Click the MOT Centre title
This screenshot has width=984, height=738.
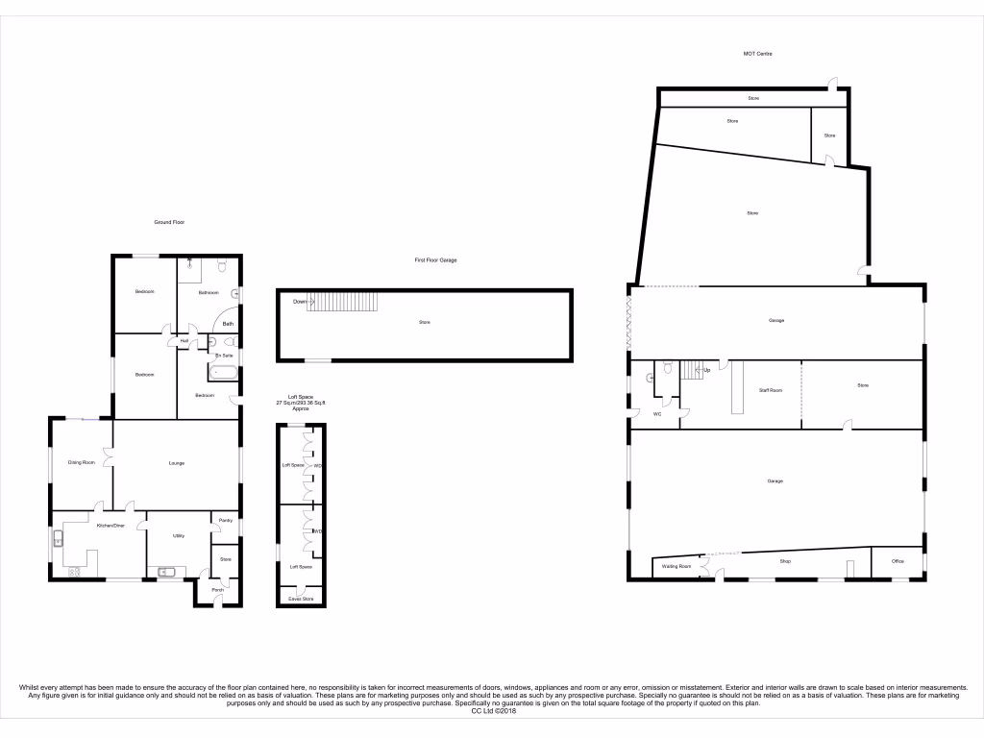click(758, 54)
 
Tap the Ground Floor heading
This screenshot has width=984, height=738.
click(169, 222)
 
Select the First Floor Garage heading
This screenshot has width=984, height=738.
click(435, 260)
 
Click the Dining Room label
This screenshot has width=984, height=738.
click(81, 463)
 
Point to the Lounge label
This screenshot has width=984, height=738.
click(177, 463)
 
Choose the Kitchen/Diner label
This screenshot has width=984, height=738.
click(111, 526)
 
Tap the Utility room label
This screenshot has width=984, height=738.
click(179, 535)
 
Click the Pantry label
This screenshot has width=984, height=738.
click(226, 521)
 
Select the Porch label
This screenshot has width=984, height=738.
click(218, 590)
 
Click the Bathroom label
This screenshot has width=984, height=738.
click(209, 292)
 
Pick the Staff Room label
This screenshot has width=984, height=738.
click(770, 390)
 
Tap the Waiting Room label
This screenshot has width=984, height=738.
click(677, 566)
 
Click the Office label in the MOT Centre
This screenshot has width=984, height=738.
click(898, 561)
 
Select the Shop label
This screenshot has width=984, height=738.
click(784, 561)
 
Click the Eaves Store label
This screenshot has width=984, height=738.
click(301, 599)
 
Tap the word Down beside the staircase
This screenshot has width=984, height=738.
click(301, 301)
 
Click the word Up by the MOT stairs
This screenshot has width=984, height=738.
click(707, 370)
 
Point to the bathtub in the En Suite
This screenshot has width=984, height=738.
click(223, 373)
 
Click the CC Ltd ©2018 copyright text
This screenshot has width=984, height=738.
click(492, 710)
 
